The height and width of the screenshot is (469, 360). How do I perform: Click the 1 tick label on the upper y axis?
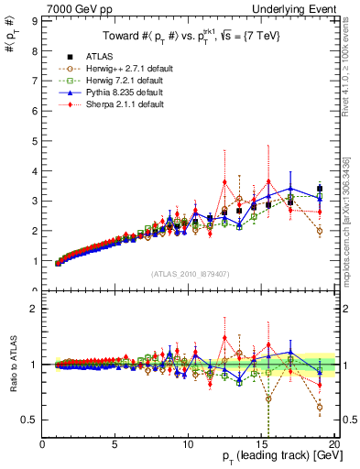pos(34,261)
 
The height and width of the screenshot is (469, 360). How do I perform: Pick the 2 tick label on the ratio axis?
pos(34,309)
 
